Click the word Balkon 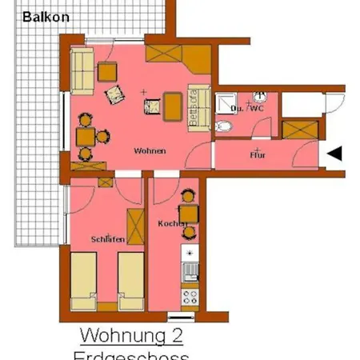tap(46, 16)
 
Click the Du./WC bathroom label tap(246, 107)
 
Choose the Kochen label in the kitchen tap(171, 224)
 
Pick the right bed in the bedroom tap(130, 281)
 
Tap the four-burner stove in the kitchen tap(190, 299)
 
